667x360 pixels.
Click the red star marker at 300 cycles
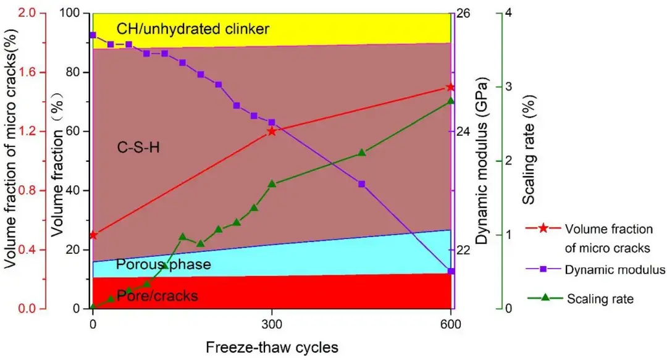point(272,131)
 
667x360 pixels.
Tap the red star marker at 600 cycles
point(450,87)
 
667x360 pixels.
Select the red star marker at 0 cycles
point(93,235)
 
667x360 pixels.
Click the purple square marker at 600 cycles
point(451,271)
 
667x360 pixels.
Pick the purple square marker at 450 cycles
point(362,184)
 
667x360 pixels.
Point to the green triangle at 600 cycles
point(450,101)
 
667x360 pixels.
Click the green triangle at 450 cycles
point(362,153)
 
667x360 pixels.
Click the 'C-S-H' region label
point(138,147)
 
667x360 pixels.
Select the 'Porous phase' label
point(164,265)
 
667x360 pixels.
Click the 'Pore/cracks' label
point(157,296)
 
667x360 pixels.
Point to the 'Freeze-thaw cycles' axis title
point(272,347)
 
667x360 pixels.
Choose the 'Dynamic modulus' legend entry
point(615,270)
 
